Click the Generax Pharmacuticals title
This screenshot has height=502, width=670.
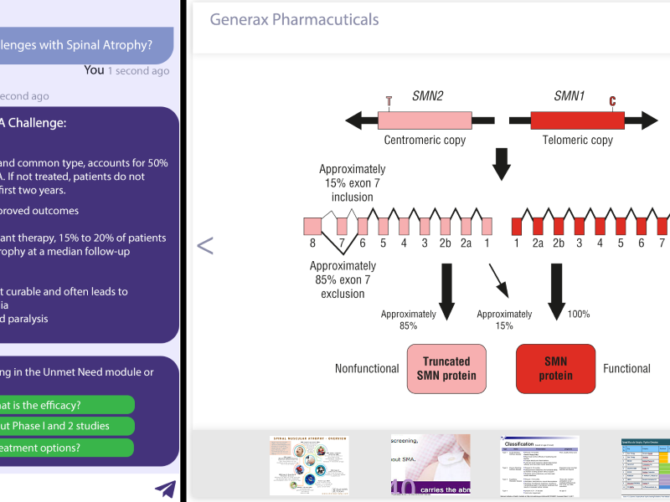(x=294, y=19)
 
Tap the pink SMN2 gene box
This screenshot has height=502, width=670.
(x=425, y=120)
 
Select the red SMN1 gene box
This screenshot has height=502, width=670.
(x=577, y=120)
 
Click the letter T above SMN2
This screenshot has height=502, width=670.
(x=389, y=101)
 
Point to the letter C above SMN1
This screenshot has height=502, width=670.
(x=612, y=101)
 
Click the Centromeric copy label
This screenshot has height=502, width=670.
(x=425, y=140)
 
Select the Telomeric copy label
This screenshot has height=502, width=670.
(x=578, y=140)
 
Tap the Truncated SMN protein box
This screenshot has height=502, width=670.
(x=446, y=369)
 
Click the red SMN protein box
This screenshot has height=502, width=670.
(x=556, y=369)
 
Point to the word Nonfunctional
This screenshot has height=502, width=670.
(x=366, y=369)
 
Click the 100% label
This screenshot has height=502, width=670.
(x=579, y=315)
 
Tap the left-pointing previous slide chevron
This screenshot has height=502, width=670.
(x=205, y=245)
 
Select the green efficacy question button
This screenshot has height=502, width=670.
(x=67, y=405)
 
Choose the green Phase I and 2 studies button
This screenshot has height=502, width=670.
(x=67, y=426)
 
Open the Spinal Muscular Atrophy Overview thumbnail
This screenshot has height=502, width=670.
(x=309, y=464)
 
